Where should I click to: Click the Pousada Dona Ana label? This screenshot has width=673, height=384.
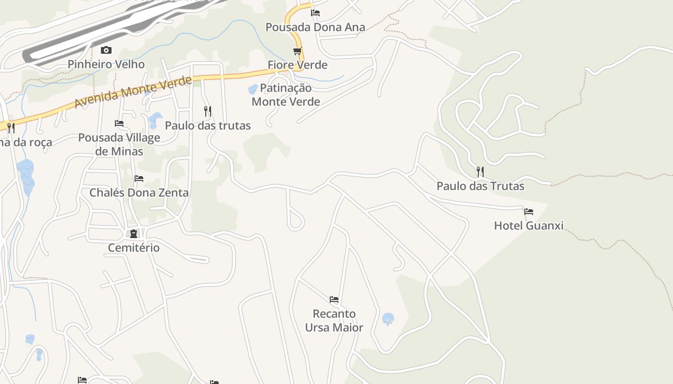(315, 27)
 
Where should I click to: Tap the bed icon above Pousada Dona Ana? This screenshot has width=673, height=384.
(315, 13)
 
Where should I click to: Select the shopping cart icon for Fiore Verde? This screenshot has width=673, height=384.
(298, 51)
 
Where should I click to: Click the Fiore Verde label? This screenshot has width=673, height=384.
(298, 65)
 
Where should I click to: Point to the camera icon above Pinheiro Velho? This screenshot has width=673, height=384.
(106, 50)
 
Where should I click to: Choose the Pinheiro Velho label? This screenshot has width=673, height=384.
(106, 64)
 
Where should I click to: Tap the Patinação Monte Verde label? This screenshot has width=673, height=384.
(286, 95)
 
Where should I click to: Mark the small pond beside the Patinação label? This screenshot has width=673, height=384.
(253, 89)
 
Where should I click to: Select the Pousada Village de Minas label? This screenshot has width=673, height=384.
(119, 144)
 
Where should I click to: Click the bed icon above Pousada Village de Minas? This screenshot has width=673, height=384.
(119, 123)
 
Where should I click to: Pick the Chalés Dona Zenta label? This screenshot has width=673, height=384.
(139, 192)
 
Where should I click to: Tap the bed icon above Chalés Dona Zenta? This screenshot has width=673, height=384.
(139, 178)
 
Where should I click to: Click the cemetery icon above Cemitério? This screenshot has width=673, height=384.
(134, 234)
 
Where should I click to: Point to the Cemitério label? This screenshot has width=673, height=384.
(134, 248)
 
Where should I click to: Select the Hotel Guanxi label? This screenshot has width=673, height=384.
(529, 226)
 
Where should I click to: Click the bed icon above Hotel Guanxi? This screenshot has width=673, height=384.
(529, 211)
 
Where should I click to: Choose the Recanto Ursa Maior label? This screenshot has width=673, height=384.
(334, 321)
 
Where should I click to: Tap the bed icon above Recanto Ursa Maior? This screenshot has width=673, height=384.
(334, 300)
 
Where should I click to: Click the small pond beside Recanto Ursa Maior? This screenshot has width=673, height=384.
(388, 319)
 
